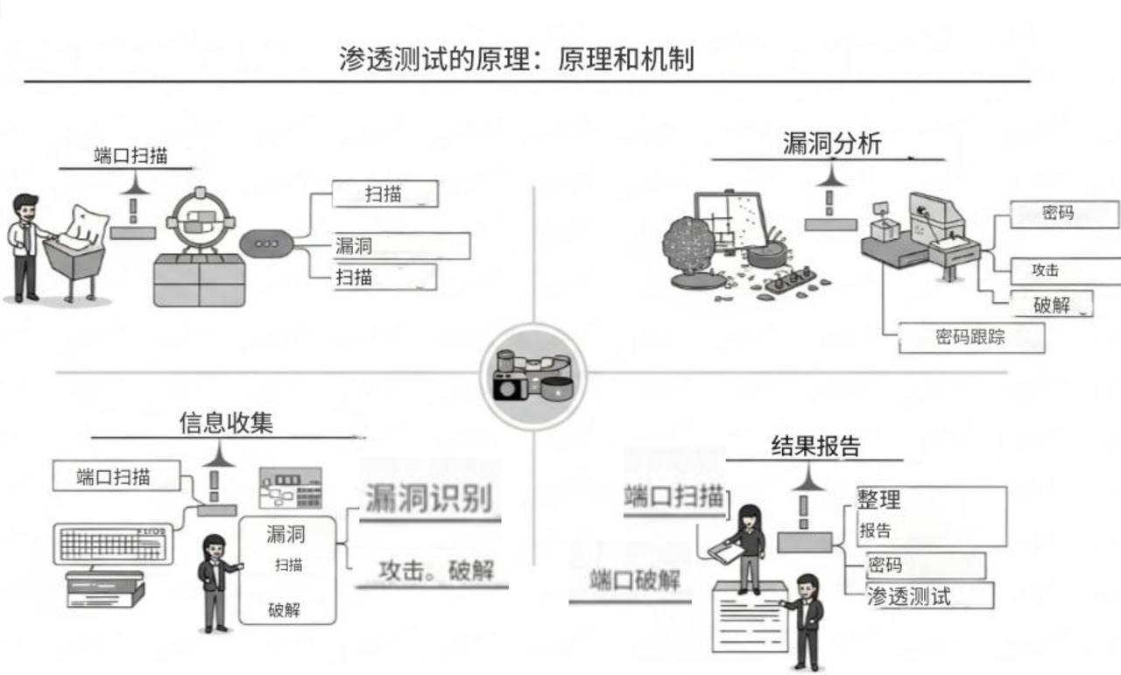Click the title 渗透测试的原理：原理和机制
[517, 59]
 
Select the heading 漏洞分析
[831, 144]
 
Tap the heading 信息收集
[226, 423]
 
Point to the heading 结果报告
[815, 446]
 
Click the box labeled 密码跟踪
[971, 337]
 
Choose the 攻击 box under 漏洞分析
[1064, 271]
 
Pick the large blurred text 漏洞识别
[428, 499]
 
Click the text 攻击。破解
[436, 572]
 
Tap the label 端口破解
[634, 580]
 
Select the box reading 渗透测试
[928, 596]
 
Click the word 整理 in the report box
[879, 501]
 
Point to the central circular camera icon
[532, 376]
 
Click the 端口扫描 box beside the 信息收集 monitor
[116, 477]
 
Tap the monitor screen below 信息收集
[112, 545]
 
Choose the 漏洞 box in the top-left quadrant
[401, 246]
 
